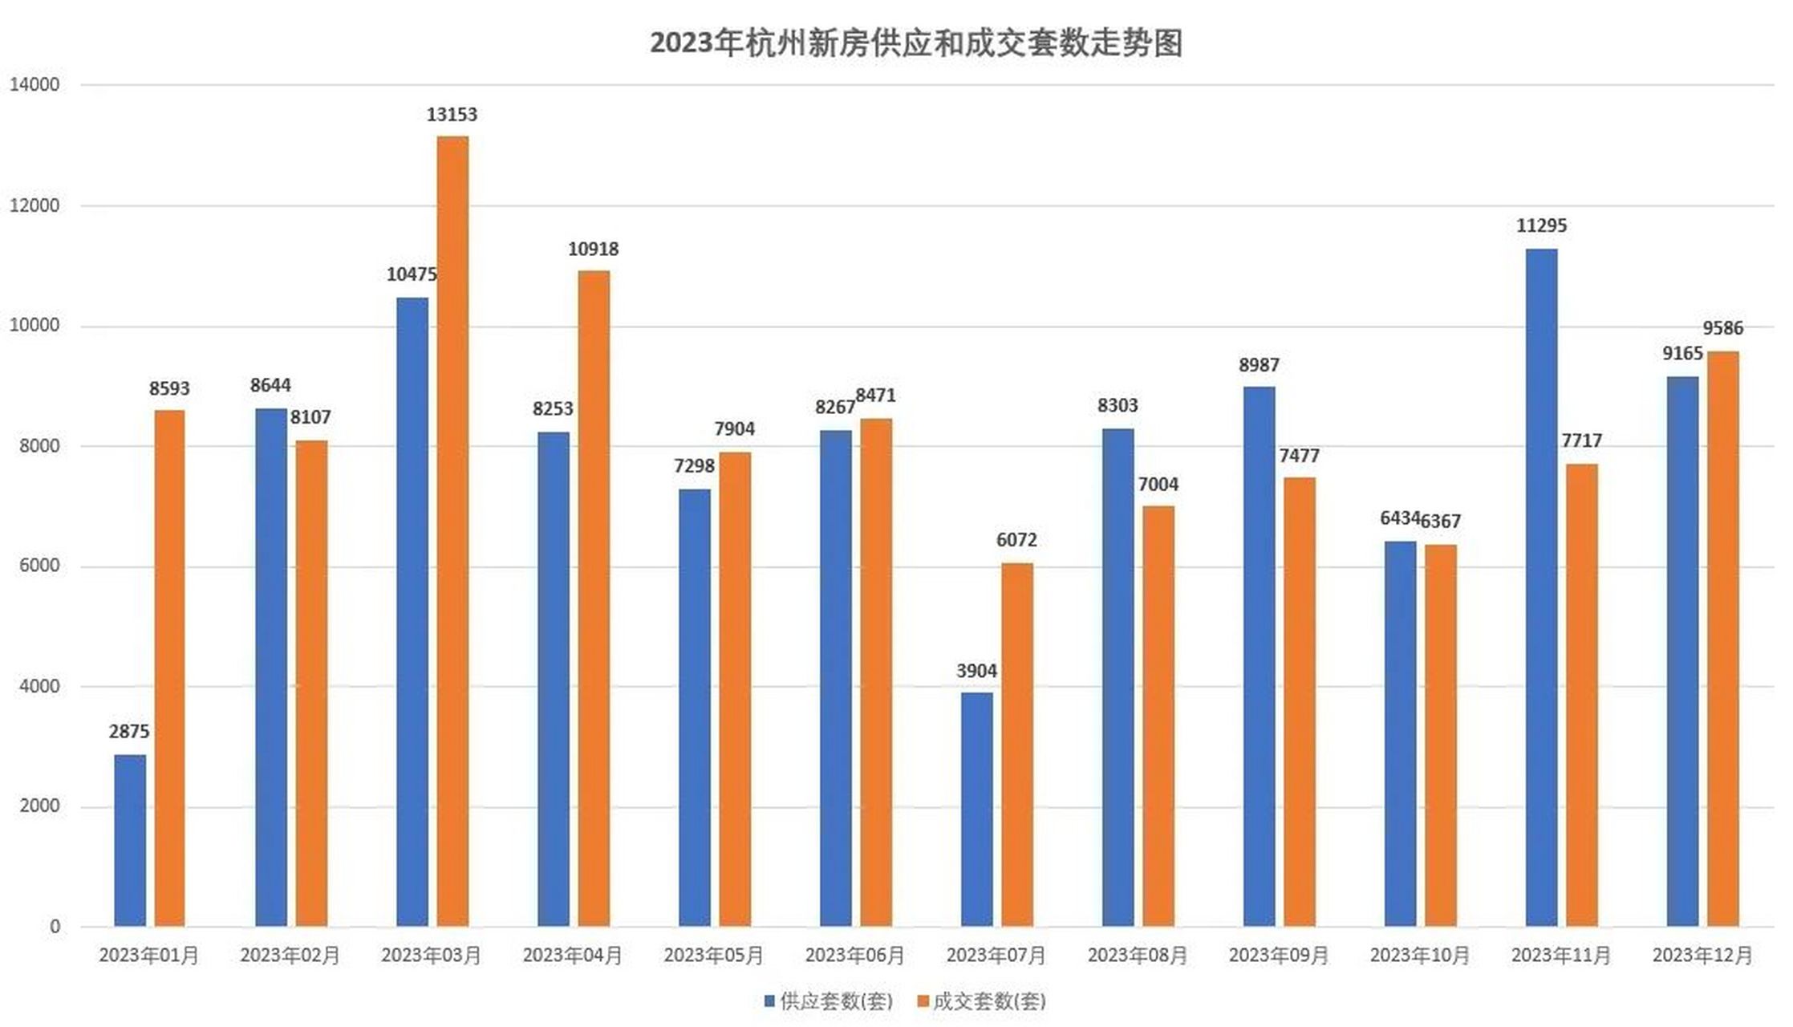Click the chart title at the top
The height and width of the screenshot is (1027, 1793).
pos(915,43)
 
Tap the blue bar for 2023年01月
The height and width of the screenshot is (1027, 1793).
pos(130,840)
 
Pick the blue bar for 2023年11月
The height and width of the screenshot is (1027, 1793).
pos(1541,587)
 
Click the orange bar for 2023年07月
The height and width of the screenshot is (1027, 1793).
pos(1016,744)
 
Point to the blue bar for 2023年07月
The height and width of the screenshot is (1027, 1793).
pos(976,809)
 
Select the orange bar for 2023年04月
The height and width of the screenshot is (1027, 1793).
pos(594,598)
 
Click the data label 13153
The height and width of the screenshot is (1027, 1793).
pos(452,115)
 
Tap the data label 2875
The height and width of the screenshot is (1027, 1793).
pos(129,732)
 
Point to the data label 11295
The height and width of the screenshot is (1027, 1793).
pos(1541,226)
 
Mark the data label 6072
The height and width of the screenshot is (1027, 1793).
pos(1016,540)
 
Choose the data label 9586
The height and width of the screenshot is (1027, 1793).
pos(1722,328)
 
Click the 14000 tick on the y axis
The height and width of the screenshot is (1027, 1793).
pos(34,85)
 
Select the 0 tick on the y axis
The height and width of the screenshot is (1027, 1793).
pos(55,927)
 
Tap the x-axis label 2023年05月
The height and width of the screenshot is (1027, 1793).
pos(713,956)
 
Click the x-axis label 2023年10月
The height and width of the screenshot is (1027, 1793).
pos(1419,956)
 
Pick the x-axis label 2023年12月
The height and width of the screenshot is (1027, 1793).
pos(1702,956)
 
